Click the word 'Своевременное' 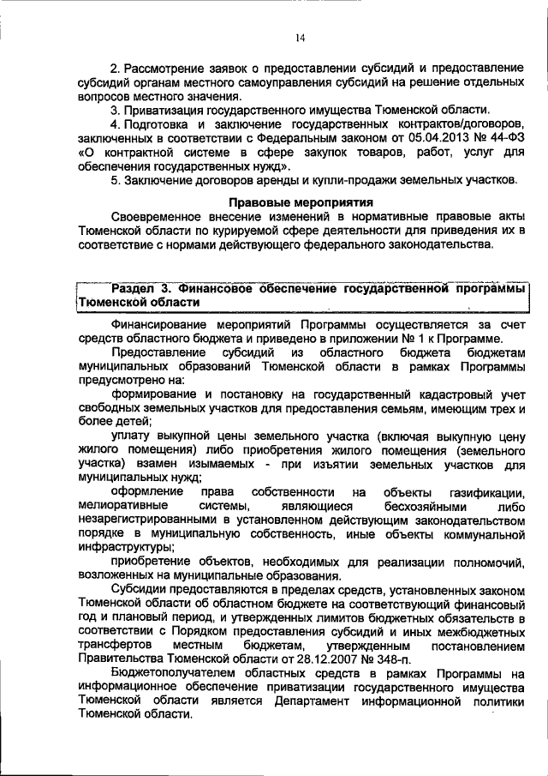point(157,219)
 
